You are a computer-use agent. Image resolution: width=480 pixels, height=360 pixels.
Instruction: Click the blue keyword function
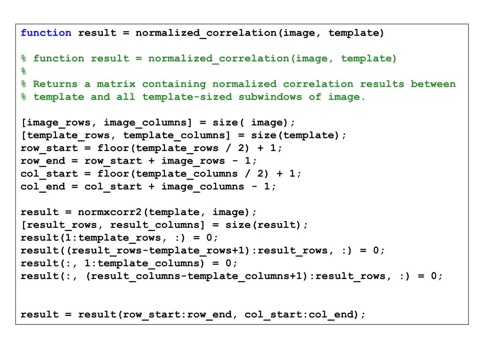(46, 33)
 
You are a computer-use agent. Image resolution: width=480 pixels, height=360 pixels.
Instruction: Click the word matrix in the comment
(116, 84)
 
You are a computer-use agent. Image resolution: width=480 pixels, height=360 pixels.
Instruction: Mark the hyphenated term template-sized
(187, 97)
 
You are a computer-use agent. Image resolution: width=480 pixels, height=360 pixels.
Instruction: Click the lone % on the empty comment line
(24, 71)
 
